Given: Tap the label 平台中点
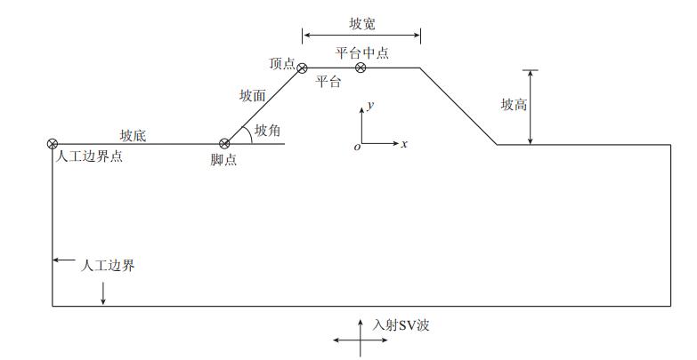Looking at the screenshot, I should pos(361,52).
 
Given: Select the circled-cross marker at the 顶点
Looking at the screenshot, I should pos(302,68).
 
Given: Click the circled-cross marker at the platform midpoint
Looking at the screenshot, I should pos(361,68).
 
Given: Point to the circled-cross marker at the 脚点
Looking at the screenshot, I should pos(224,143).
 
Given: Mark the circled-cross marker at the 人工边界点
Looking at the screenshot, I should pos(52,143).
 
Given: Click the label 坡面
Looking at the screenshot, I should pos(253,93).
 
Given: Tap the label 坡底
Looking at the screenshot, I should pos(134,135).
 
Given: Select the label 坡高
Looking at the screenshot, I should pos(514,104).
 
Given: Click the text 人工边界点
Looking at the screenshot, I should pos(88,156).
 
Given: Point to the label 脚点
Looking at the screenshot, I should pos(224,160).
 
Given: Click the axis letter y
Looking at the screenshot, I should pos(370,105).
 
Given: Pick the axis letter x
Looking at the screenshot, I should pos(404,144).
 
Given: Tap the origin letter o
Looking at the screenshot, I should pos(357,147).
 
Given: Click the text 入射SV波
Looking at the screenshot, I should pos(401,325).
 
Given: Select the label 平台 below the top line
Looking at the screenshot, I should pos(328,82).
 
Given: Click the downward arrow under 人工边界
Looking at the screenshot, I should pos(103,294).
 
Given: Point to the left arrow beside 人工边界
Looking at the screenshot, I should pos(63,260).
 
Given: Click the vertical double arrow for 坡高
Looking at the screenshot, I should pos(531,106).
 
